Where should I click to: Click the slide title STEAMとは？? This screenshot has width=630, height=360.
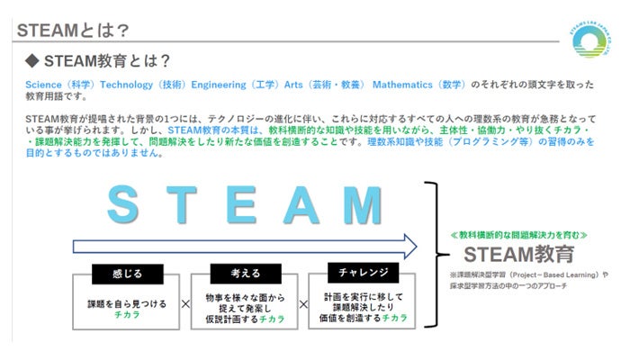pos(67,30)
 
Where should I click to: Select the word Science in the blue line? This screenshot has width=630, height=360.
pos(41,85)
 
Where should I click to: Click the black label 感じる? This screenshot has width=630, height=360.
pos(127,273)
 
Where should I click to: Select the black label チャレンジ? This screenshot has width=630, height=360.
pos(359,273)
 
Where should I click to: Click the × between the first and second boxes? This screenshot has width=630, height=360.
pos(185,304)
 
